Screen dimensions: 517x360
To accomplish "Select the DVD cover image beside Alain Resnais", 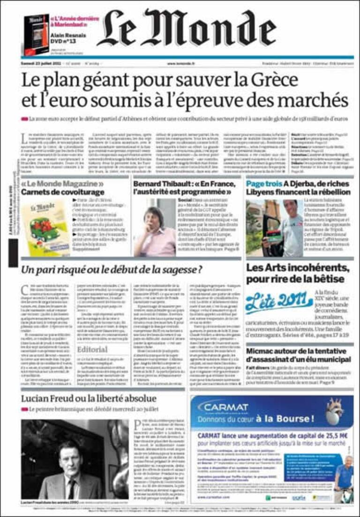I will (x=36, y=33).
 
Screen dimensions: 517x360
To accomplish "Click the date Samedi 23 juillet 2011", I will (x=43, y=63).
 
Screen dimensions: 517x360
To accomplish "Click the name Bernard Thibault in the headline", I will (x=160, y=183).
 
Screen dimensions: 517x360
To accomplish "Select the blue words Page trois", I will (x=264, y=184).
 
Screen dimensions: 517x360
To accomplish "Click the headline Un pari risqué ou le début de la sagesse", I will (x=112, y=270).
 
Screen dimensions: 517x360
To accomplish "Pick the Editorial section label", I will (x=92, y=350).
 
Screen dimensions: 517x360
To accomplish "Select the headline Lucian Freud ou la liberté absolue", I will (x=89, y=399).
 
